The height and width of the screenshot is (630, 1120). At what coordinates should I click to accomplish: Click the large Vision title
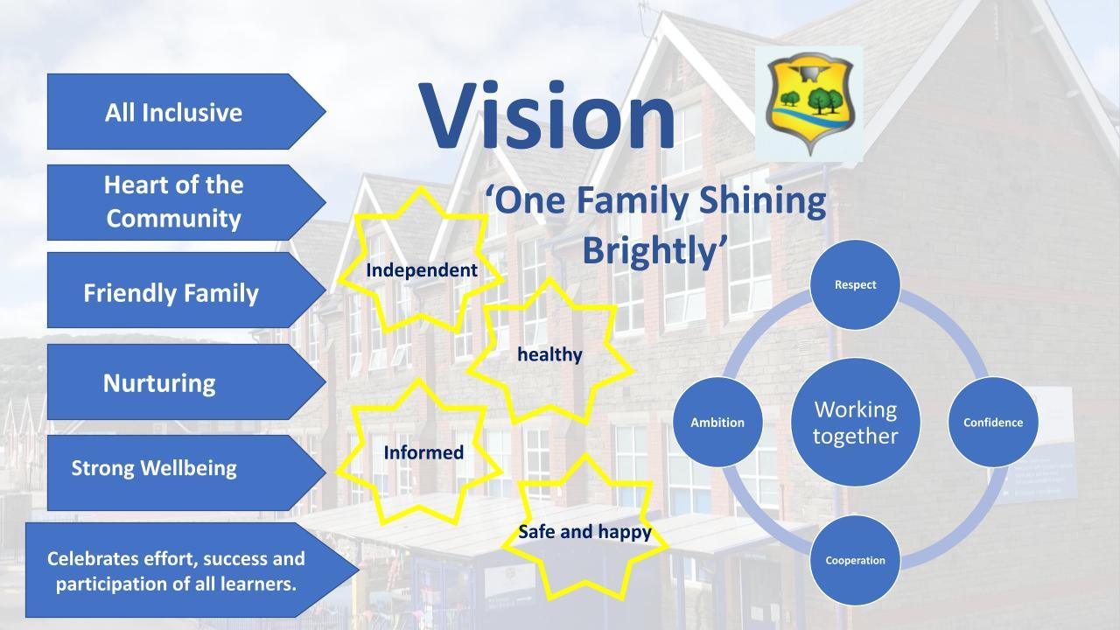click(547, 116)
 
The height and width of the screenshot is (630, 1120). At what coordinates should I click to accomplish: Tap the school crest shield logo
click(810, 103)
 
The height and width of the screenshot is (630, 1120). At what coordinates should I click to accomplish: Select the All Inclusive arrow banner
click(186, 111)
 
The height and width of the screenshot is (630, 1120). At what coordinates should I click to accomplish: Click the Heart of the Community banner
click(186, 202)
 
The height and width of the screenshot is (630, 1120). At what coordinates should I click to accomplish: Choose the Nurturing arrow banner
click(186, 381)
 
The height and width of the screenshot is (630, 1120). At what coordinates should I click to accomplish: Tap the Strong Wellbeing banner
click(186, 472)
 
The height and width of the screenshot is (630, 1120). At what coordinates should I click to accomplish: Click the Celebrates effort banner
click(192, 570)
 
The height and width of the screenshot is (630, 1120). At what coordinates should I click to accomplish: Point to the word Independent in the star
click(422, 270)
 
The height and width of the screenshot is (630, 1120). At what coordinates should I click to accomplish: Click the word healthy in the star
click(549, 354)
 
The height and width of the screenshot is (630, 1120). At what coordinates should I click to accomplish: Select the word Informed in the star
click(423, 452)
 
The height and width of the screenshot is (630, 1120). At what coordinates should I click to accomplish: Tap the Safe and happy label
click(585, 532)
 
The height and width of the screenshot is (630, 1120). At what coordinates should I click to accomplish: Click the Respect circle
click(855, 284)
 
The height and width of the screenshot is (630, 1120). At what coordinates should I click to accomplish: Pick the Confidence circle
click(993, 423)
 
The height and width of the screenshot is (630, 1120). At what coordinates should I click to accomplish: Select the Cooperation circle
click(855, 561)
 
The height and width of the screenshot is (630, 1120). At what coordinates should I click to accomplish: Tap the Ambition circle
click(717, 423)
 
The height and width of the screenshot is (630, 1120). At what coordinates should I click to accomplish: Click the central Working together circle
click(855, 423)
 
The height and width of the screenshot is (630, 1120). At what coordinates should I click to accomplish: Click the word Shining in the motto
click(762, 201)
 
